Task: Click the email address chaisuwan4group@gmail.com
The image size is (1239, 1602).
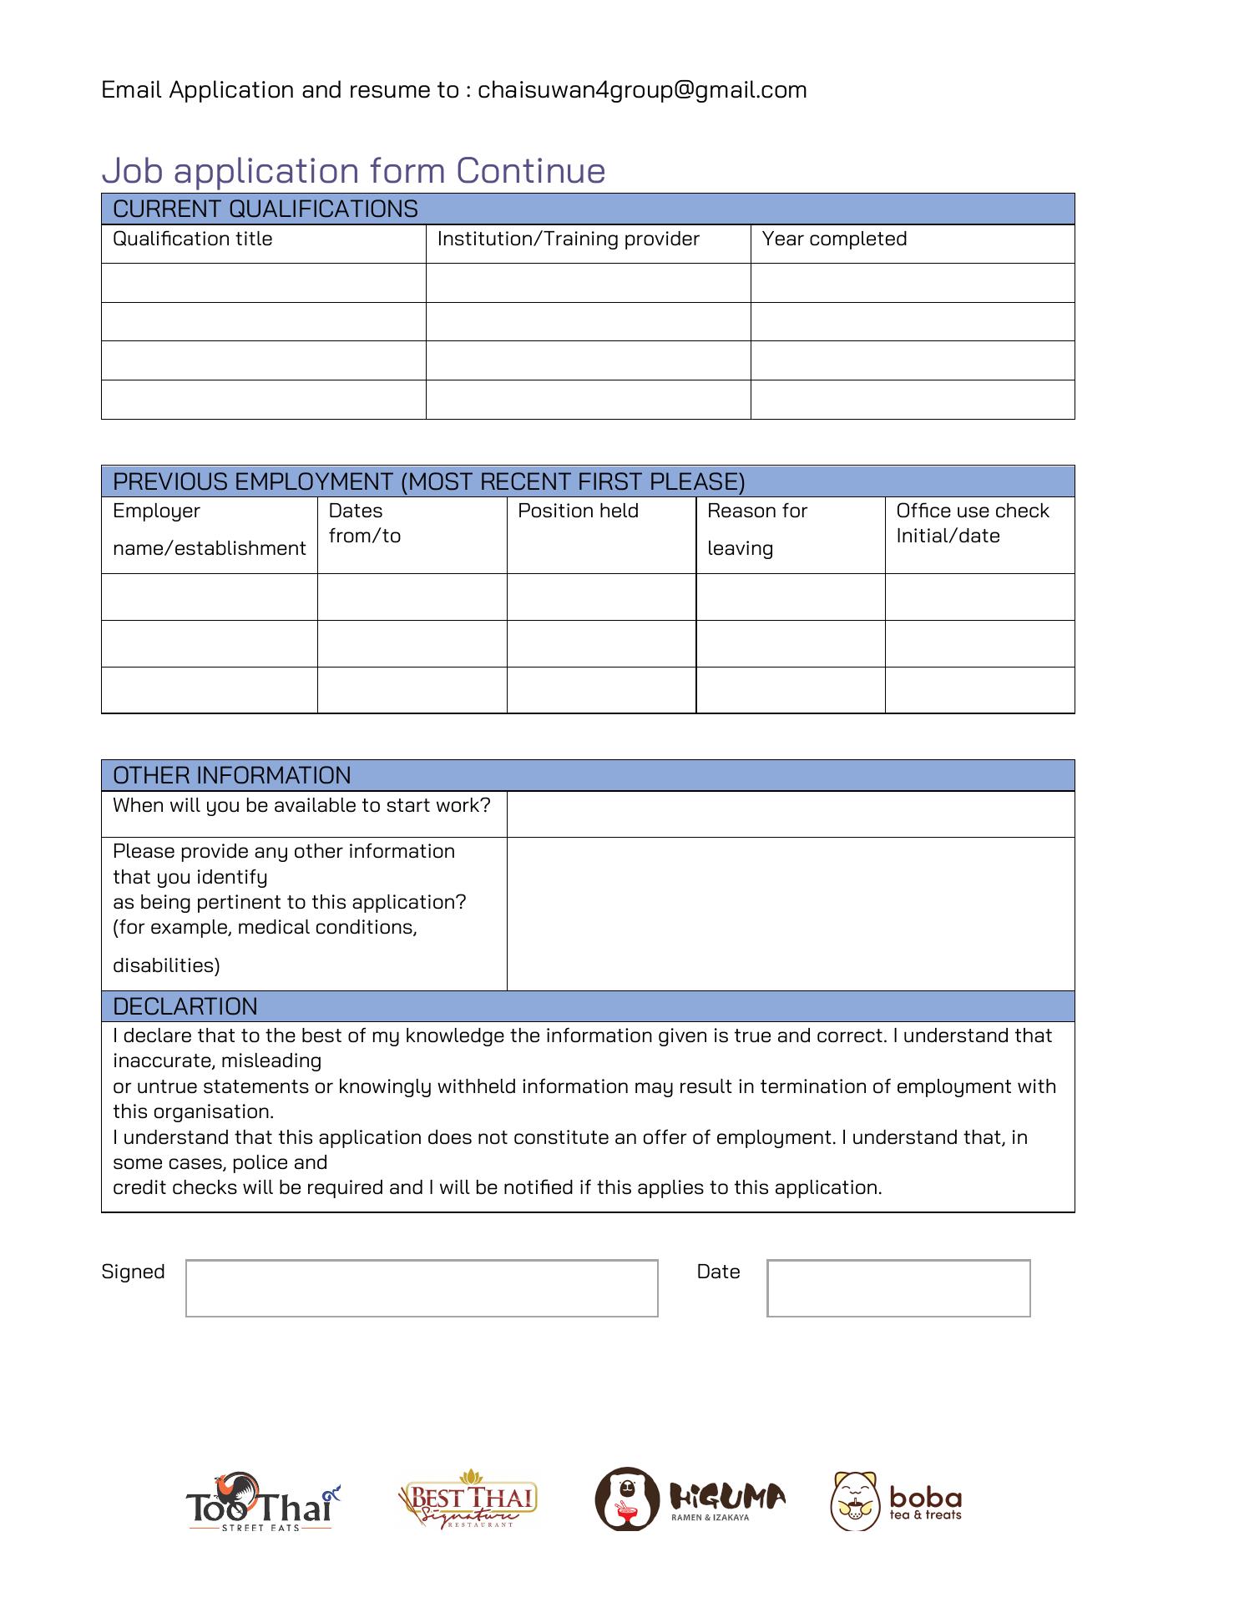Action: pyautogui.click(x=642, y=90)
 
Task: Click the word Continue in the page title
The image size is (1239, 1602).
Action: pyautogui.click(x=530, y=171)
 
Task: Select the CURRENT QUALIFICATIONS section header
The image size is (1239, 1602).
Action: pyautogui.click(x=265, y=209)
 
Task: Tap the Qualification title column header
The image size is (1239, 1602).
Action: pyautogui.click(x=193, y=239)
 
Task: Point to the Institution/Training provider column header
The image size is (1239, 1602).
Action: pyautogui.click(x=568, y=239)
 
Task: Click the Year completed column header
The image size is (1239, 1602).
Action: pyautogui.click(x=834, y=239)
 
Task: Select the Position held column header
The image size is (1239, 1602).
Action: pyautogui.click(x=578, y=511)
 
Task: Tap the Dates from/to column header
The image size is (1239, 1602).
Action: pyautogui.click(x=365, y=523)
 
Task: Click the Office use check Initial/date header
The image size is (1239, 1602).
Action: pyautogui.click(x=973, y=523)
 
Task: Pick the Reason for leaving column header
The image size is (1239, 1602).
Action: pyautogui.click(x=757, y=529)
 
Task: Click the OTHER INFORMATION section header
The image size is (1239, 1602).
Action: pyautogui.click(x=232, y=775)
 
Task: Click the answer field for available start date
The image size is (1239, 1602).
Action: pyautogui.click(x=790, y=814)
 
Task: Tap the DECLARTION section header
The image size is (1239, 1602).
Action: pyautogui.click(x=185, y=1006)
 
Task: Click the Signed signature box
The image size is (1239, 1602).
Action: pyautogui.click(x=422, y=1288)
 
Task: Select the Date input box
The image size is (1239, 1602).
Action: pyautogui.click(x=898, y=1288)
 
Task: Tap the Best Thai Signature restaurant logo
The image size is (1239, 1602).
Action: pyautogui.click(x=468, y=1500)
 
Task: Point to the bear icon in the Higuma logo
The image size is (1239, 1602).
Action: pyautogui.click(x=627, y=1499)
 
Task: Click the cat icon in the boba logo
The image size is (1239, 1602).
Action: pyautogui.click(x=855, y=1501)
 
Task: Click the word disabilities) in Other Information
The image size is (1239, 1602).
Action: pyautogui.click(x=166, y=966)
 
